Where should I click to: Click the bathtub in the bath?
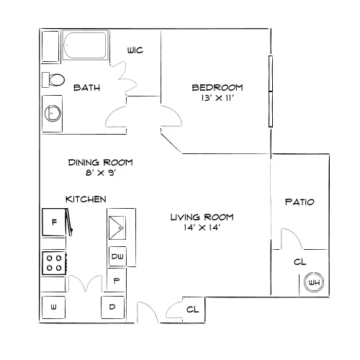[85, 45]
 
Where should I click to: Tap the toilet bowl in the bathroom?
[57, 80]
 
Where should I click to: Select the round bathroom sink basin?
[53, 113]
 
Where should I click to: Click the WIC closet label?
[135, 50]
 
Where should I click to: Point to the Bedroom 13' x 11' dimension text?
[217, 98]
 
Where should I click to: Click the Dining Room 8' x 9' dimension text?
[101, 173]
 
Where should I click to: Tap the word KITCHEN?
[86, 199]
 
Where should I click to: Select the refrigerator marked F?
[54, 222]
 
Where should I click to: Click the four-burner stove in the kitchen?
[54, 263]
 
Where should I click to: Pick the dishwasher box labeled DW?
[117, 256]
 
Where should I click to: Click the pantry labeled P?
[117, 280]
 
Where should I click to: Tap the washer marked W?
[53, 307]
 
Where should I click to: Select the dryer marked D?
[112, 307]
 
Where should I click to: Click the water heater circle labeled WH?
[314, 282]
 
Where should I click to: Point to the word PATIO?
[300, 202]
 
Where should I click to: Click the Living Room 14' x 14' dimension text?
[202, 228]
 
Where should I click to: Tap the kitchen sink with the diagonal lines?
[117, 228]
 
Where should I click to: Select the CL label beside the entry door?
[193, 310]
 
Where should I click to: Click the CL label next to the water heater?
[300, 262]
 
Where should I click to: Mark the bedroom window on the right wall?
[271, 91]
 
